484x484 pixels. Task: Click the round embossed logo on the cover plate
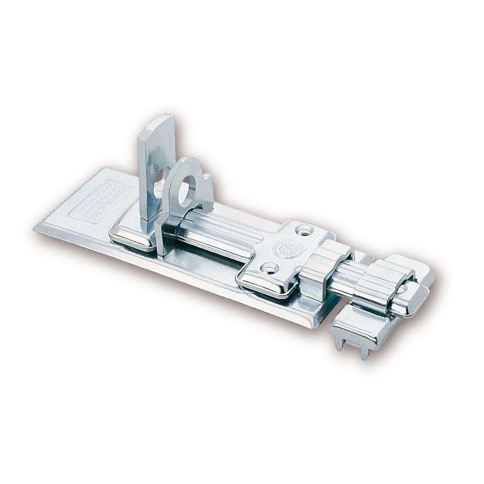(284, 248)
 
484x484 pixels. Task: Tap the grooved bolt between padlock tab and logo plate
(218, 232)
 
